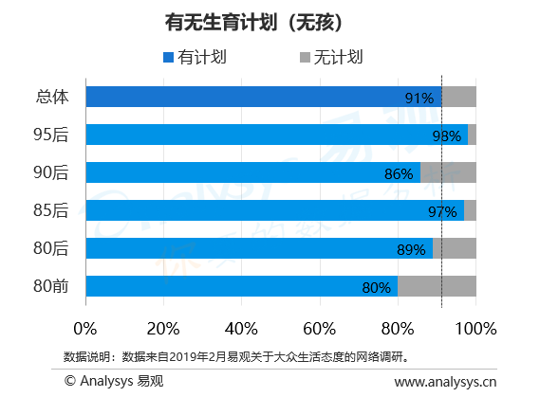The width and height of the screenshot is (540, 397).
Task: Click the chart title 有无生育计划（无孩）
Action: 253,23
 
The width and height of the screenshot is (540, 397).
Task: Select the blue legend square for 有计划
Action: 168,57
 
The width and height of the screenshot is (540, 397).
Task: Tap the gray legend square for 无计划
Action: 306,57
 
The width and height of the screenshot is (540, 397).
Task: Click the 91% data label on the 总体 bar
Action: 419,99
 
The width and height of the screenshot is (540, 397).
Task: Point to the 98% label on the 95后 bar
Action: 447,136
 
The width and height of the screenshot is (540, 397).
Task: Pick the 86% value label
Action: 399,174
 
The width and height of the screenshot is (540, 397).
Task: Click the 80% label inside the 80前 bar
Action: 376,287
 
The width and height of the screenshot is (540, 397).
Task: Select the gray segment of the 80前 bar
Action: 437,286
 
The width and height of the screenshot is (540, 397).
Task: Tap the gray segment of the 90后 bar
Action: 448,172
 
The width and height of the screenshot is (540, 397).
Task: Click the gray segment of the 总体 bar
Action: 459,97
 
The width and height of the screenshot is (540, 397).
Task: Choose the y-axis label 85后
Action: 51,210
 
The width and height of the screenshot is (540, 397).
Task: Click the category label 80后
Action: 51,248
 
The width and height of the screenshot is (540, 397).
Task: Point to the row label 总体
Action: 52,97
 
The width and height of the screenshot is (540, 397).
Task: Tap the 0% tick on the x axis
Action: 85,329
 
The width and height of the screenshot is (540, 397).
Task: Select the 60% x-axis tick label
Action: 319,329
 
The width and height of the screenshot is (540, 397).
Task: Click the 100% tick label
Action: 475,329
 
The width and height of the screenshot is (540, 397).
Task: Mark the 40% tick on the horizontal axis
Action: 241,329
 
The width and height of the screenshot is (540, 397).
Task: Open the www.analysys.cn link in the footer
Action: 445,382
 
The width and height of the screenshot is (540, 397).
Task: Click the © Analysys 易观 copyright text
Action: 114,381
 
